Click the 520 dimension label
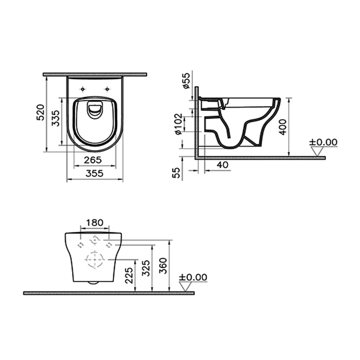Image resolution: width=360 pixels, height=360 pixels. click(x=41, y=112)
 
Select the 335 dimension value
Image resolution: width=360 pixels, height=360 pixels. click(x=55, y=118)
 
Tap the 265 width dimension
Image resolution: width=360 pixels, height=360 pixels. click(x=93, y=160)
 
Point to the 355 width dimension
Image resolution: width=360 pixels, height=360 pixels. click(x=95, y=174)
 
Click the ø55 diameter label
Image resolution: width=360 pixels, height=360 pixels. click(x=186, y=81)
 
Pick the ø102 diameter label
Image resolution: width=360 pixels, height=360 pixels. click(x=179, y=124)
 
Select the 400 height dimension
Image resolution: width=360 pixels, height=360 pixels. click(x=283, y=127)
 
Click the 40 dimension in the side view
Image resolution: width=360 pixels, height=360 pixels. click(x=222, y=165)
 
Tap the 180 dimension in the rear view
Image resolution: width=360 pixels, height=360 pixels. click(x=95, y=222)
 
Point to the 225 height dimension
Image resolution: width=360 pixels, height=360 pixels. click(x=129, y=275)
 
